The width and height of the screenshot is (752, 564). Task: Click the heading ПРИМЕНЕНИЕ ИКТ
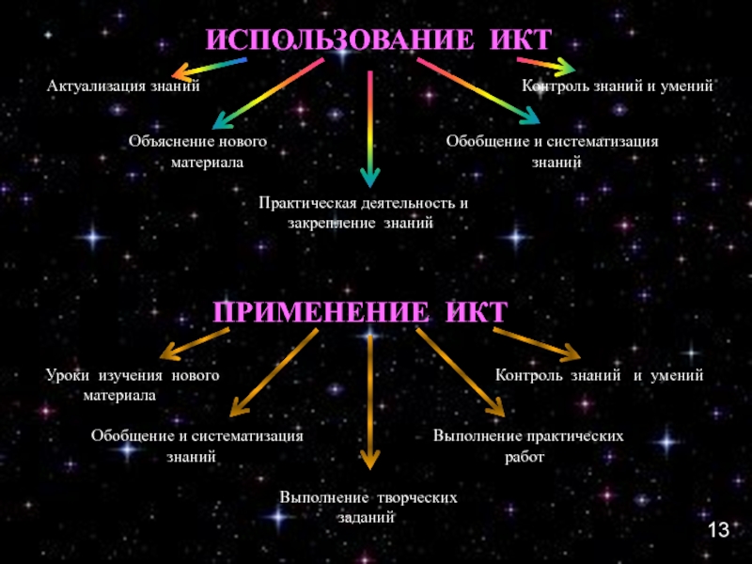(x=361, y=312)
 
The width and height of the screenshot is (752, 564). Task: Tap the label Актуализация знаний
(x=124, y=86)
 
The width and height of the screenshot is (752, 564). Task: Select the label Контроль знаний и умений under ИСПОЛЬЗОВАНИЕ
(x=619, y=86)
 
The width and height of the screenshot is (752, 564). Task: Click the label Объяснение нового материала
(x=197, y=151)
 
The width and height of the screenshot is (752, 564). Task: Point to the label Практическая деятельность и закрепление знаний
(x=363, y=213)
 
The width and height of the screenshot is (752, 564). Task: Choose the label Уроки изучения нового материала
(x=133, y=385)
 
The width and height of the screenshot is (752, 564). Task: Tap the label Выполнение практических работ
(x=528, y=446)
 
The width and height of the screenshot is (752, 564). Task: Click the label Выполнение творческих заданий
(x=368, y=507)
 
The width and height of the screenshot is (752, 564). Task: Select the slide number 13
(x=718, y=531)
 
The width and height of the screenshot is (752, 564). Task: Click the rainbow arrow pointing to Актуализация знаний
(x=211, y=67)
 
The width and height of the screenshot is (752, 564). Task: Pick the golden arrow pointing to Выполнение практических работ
(x=461, y=372)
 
